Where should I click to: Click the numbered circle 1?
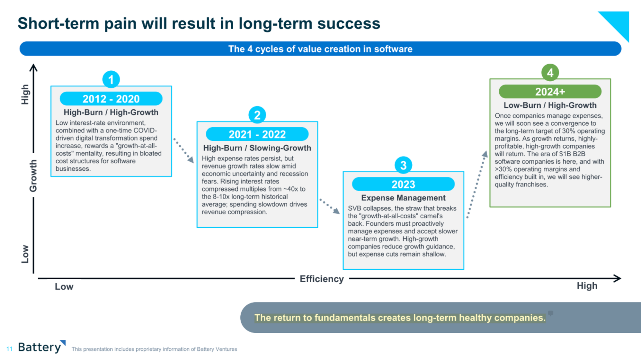click(x=111, y=79)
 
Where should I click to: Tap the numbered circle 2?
click(x=257, y=115)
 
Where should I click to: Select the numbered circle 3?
click(x=403, y=165)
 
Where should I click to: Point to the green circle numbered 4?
click(x=550, y=73)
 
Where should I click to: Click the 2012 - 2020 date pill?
click(x=111, y=99)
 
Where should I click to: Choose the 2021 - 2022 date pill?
click(x=257, y=134)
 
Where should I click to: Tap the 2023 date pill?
click(x=403, y=184)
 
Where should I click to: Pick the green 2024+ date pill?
click(x=550, y=92)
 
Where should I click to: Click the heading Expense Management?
click(x=403, y=198)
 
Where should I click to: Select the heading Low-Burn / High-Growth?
click(x=550, y=105)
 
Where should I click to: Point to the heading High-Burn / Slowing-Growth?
click(x=257, y=148)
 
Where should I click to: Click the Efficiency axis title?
click(x=322, y=279)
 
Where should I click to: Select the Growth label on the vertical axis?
click(x=33, y=176)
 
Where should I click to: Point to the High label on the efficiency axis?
click(x=587, y=286)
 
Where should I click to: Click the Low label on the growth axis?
click(x=25, y=254)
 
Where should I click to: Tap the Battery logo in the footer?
click(x=42, y=347)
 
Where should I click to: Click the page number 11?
click(x=9, y=349)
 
